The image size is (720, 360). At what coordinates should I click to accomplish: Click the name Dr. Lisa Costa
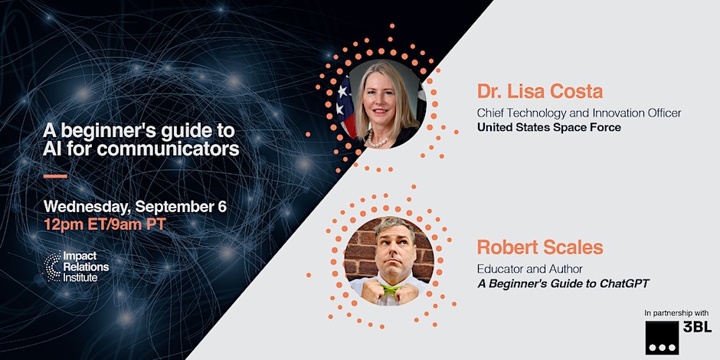539,91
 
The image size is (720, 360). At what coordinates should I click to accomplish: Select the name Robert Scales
539,247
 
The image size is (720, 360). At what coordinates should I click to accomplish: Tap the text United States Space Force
548,127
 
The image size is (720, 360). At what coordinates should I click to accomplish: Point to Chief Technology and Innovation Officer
578,113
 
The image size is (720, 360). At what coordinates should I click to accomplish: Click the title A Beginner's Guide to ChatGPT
564,283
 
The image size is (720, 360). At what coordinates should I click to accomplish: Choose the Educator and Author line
530,269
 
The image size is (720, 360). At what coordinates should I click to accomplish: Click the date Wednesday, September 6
135,207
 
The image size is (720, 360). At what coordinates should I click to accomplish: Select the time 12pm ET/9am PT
105,224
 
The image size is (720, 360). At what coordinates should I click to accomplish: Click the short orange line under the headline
56,176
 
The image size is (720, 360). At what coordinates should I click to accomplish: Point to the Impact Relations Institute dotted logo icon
53,267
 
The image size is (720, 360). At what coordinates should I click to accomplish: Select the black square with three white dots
662,338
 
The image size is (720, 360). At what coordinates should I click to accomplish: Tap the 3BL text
697,326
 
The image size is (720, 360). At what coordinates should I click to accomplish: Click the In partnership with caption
676,313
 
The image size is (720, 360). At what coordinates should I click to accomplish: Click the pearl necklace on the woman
378,140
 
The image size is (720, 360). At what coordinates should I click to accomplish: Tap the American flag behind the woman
347,106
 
